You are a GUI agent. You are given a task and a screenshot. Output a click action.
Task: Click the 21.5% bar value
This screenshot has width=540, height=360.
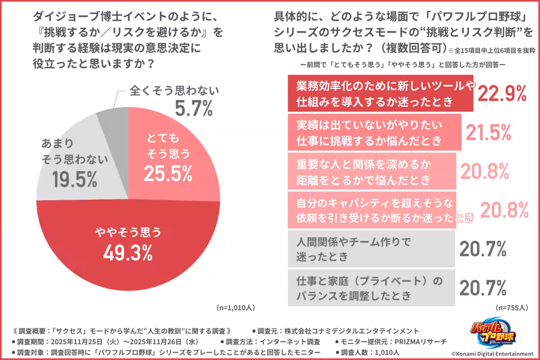point(488,132)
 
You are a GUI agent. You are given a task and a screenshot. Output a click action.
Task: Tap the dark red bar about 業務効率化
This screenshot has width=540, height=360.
point(380,93)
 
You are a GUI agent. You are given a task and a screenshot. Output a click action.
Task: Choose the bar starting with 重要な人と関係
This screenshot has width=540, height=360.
point(372,171)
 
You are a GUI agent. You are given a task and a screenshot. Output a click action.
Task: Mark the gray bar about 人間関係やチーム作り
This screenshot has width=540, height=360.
point(372,249)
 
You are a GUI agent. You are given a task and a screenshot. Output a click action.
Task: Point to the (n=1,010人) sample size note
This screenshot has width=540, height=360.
point(236,308)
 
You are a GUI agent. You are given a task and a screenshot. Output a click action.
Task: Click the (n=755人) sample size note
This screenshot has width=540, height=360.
point(512,308)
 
